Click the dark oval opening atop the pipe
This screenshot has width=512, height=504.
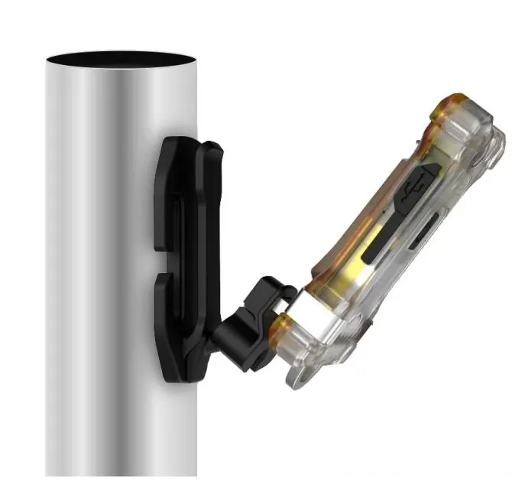click(x=122, y=60)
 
